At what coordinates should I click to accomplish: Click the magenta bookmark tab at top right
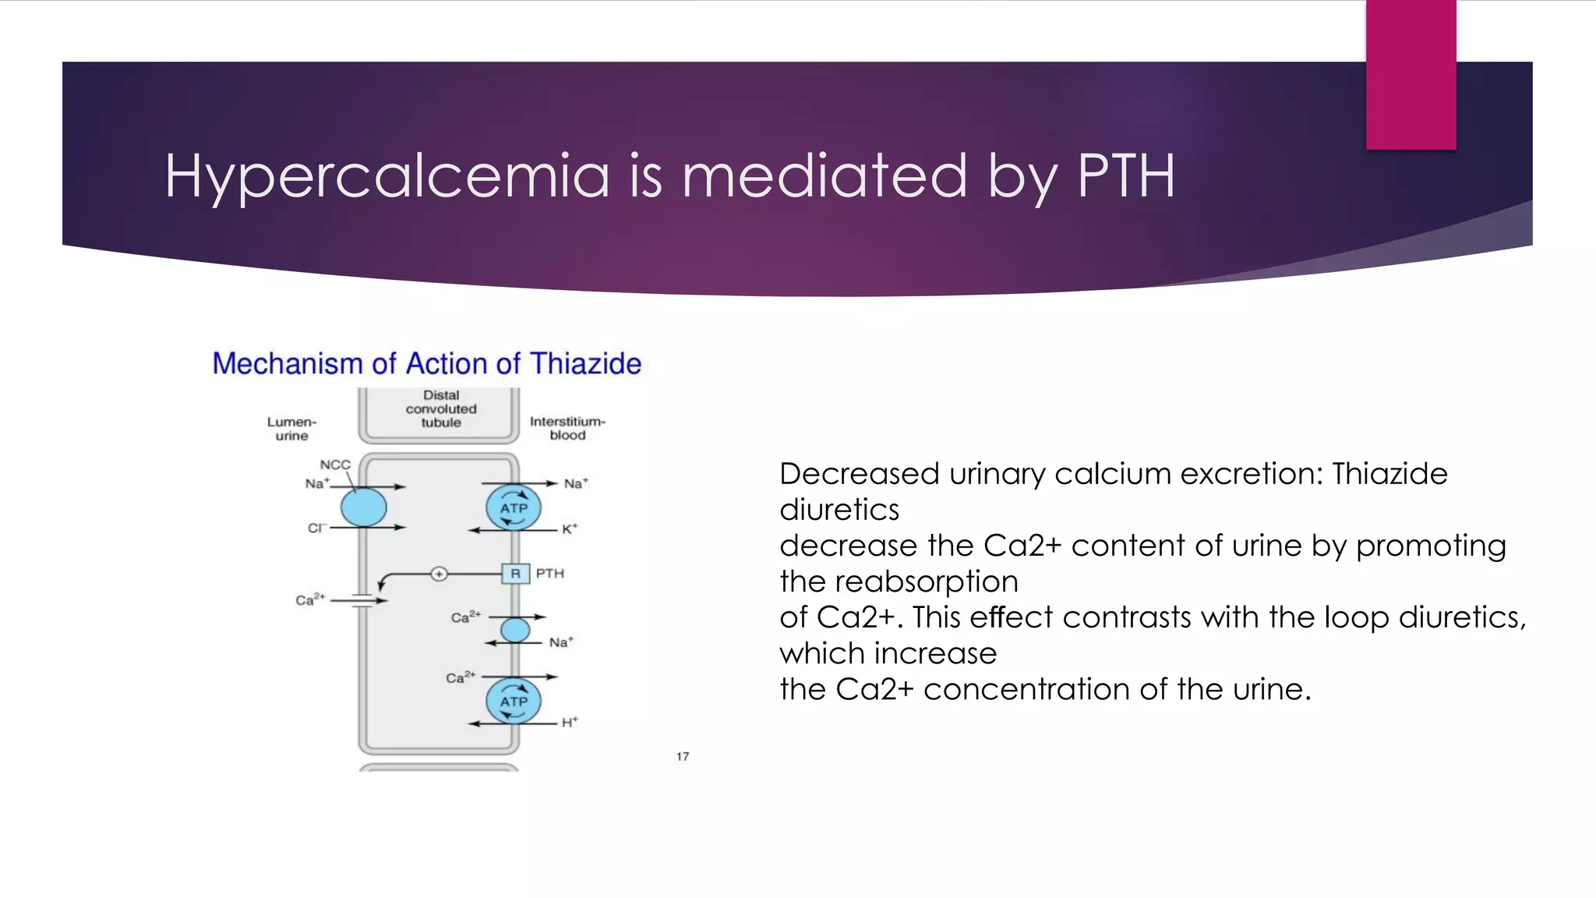(1411, 75)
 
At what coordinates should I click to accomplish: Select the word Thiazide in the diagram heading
(585, 364)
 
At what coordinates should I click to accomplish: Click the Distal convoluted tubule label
(441, 409)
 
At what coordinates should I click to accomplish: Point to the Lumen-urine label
(291, 429)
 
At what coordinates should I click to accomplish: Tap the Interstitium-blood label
(567, 428)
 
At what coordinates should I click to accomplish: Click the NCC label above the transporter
(335, 465)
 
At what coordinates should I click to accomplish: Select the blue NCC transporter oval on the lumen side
(364, 507)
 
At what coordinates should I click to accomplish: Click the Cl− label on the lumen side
(316, 529)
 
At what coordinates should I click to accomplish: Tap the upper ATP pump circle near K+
(514, 507)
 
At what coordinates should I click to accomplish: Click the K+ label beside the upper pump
(570, 529)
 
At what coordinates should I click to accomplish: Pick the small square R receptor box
(515, 574)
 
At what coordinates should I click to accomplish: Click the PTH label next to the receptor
(549, 574)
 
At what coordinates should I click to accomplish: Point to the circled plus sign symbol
(440, 575)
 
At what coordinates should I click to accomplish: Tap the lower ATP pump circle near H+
(514, 701)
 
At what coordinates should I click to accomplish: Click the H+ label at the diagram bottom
(570, 723)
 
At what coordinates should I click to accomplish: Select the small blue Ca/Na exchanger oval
(515, 630)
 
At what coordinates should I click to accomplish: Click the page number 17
(683, 757)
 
